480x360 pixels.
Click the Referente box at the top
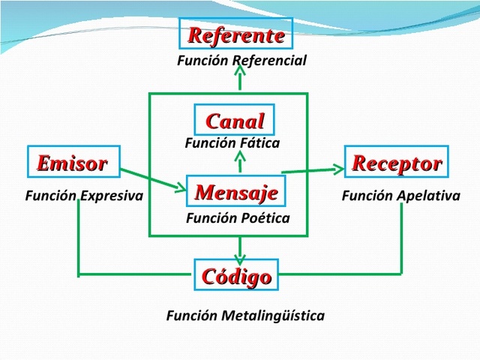[x=236, y=35]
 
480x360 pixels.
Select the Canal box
[x=235, y=121]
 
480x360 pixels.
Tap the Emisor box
[x=72, y=162]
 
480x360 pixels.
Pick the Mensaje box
[x=236, y=191]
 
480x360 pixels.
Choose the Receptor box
[x=397, y=162]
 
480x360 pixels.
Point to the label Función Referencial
[x=241, y=61]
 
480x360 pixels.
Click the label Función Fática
[x=232, y=142]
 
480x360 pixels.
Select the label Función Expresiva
[x=84, y=196]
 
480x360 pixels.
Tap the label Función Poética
[x=237, y=218]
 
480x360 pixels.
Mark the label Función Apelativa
[x=400, y=196]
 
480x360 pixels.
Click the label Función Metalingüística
[x=245, y=315]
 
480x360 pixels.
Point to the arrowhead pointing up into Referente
[x=239, y=70]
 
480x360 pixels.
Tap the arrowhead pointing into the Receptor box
[x=337, y=169]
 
